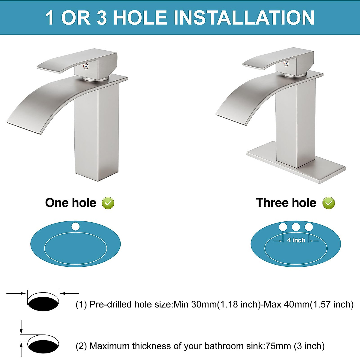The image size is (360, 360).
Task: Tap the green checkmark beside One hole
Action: [108, 203]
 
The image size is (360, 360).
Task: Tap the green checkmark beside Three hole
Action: [328, 203]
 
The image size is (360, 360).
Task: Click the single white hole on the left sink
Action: [76, 226]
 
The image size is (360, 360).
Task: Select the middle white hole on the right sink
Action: [296, 227]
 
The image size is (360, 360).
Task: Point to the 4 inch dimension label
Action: [296, 240]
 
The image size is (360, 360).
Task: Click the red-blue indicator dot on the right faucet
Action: [286, 63]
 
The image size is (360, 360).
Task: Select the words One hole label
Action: [71, 203]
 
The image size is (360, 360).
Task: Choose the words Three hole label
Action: [286, 203]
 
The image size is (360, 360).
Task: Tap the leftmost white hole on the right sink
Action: [283, 227]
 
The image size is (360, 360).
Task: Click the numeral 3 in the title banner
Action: [102, 17]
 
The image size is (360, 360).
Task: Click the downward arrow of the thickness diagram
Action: [21, 327]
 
